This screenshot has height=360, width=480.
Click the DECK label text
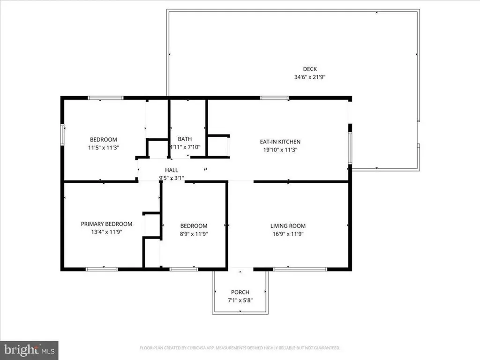(x=309, y=69)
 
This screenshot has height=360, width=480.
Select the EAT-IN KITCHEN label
(x=280, y=142)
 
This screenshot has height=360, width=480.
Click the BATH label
(x=185, y=139)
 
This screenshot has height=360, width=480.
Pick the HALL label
(x=171, y=170)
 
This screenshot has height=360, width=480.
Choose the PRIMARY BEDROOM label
(x=106, y=224)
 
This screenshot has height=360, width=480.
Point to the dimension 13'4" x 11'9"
(x=106, y=232)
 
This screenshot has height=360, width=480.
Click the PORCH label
(x=240, y=292)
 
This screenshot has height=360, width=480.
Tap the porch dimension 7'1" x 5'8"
(x=240, y=300)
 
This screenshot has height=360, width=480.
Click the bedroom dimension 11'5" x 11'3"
(x=103, y=148)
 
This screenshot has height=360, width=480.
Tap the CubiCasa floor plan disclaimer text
(x=240, y=348)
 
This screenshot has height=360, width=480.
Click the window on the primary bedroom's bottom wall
(x=102, y=269)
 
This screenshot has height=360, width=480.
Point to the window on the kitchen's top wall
(x=275, y=98)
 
